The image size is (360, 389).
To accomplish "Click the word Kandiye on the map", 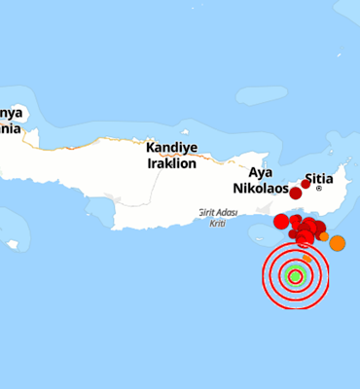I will [171, 149].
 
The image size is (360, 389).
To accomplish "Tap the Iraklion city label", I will [171, 163].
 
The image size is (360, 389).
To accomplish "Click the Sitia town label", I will [319, 179].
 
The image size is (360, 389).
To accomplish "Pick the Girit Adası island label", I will [218, 213].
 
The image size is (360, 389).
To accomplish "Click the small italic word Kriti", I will [218, 223].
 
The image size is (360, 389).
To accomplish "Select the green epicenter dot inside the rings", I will [296, 275].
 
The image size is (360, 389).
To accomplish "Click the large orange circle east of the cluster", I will [337, 243].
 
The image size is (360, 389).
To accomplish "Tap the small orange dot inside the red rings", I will [306, 259].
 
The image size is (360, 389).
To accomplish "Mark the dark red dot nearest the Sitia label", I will [306, 184].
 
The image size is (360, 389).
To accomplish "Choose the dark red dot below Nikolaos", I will [295, 193].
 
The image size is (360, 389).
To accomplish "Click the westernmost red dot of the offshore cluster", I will [281, 222].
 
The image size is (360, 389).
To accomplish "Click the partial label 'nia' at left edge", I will [10, 126].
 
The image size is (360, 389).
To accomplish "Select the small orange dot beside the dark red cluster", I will [324, 236].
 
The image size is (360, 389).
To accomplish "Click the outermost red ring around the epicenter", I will [264, 275].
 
